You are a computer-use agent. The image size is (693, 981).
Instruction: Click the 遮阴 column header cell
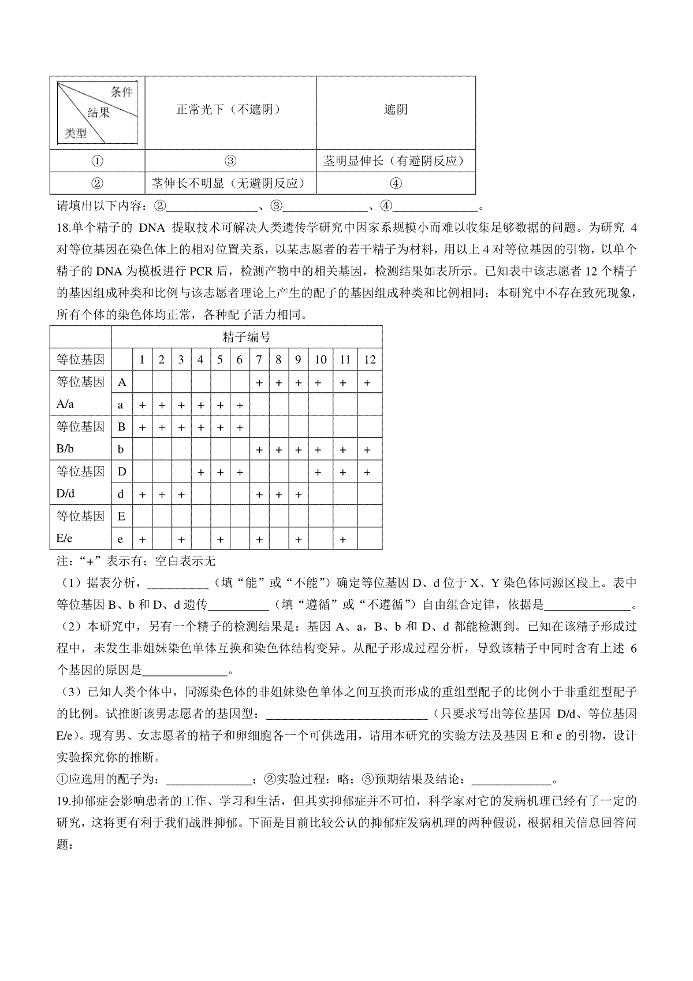coord(396,110)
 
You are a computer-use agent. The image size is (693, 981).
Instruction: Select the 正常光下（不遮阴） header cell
coord(229,110)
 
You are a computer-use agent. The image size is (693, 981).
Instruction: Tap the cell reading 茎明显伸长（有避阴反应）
coord(396,161)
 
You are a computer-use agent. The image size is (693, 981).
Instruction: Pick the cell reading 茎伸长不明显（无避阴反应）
coord(229,184)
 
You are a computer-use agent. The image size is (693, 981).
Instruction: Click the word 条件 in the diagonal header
coord(122,92)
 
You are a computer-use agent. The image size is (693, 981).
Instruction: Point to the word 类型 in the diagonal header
coord(76,133)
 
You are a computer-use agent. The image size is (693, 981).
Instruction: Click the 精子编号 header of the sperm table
coord(247,337)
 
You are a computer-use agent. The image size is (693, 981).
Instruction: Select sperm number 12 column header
coord(370,360)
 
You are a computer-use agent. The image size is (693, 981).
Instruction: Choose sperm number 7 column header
coord(259,360)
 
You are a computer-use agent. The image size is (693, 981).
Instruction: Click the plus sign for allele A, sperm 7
coord(259,382)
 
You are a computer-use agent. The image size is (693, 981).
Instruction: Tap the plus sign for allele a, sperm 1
coord(143,405)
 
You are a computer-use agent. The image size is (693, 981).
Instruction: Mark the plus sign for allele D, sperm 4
coord(201,472)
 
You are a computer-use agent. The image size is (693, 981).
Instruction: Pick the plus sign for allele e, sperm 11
coord(344,539)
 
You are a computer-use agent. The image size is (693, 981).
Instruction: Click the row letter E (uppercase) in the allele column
coord(121,516)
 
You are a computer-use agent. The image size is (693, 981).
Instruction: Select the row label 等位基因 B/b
coord(80,438)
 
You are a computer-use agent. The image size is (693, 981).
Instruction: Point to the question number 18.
coord(64,228)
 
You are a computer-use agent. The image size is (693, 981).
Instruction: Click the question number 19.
coord(64,801)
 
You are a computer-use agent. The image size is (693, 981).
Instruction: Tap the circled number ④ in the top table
coord(396,184)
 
